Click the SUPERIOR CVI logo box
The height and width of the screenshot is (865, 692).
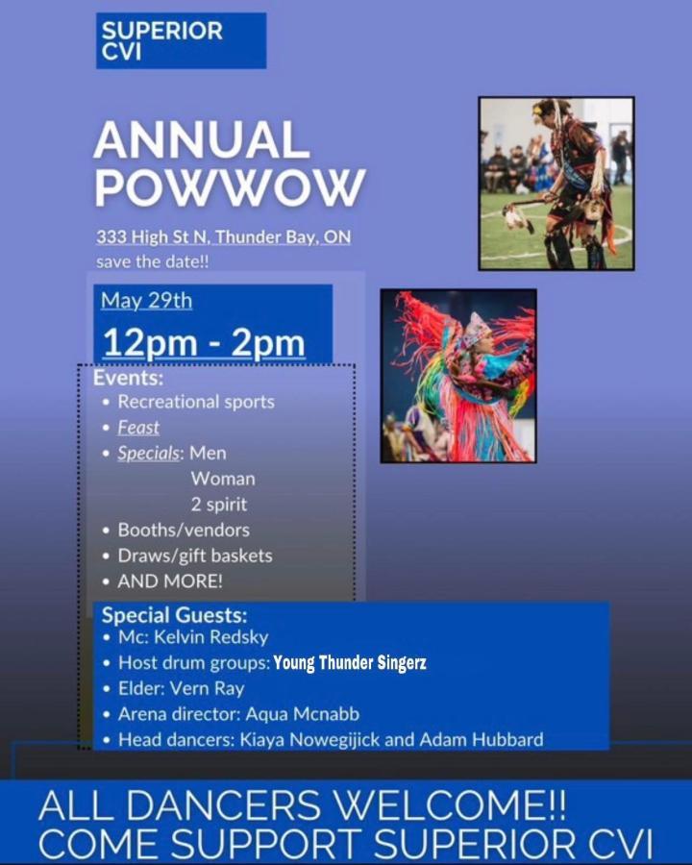pyautogui.click(x=181, y=40)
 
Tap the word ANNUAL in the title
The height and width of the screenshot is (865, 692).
pyautogui.click(x=202, y=140)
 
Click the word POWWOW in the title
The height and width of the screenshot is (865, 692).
pyautogui.click(x=230, y=186)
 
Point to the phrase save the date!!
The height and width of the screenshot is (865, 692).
pyautogui.click(x=153, y=261)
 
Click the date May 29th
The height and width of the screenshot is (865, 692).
pyautogui.click(x=147, y=301)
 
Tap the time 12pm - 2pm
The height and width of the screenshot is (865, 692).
pyautogui.click(x=204, y=342)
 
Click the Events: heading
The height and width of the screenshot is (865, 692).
pyautogui.click(x=129, y=378)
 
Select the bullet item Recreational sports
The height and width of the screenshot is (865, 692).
pyautogui.click(x=196, y=402)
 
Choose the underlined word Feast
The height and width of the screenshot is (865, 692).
pyautogui.click(x=138, y=427)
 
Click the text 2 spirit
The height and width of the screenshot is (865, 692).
pyautogui.click(x=219, y=505)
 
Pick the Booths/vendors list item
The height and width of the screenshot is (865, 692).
pyautogui.click(x=184, y=531)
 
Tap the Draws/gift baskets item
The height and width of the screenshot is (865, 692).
pyautogui.click(x=195, y=556)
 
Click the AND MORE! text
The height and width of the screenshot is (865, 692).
pyautogui.click(x=170, y=581)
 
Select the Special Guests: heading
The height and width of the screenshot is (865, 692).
pyautogui.click(x=174, y=614)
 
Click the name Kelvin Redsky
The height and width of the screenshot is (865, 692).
pyautogui.click(x=211, y=637)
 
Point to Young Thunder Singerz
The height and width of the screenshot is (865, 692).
pyautogui.click(x=350, y=662)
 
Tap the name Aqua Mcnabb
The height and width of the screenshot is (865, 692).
pyautogui.click(x=303, y=714)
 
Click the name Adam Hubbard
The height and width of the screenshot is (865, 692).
pyautogui.click(x=482, y=739)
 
